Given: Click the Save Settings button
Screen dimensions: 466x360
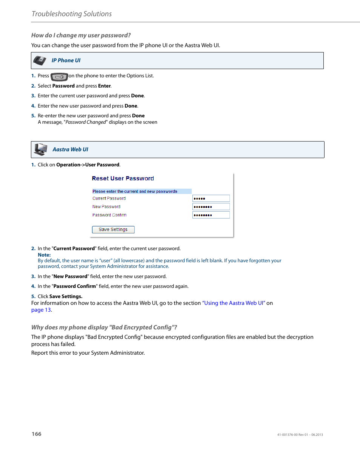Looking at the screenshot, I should [x=113, y=229].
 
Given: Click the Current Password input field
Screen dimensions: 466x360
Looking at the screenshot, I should [x=211, y=198].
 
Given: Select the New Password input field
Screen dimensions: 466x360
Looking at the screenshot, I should [x=211, y=207].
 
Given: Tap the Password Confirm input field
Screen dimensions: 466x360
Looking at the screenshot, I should [x=211, y=215].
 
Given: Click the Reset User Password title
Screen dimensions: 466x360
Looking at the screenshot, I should [x=123, y=178].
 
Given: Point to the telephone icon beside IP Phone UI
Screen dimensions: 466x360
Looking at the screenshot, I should [x=40, y=60].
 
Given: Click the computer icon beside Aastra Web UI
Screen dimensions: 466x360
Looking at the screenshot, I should [x=40, y=149].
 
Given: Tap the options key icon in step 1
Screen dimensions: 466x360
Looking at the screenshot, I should [x=59, y=77].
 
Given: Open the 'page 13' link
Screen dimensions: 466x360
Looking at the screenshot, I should [x=41, y=310].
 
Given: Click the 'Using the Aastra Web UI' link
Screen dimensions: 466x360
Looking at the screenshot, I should [x=234, y=303].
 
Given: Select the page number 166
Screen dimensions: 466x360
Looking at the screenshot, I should [x=37, y=434].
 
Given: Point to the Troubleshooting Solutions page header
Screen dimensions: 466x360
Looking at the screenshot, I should [x=72, y=14].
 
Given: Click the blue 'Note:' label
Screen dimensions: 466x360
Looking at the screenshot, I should [x=44, y=255].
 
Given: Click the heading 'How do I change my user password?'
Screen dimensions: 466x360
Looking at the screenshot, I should [x=81, y=35].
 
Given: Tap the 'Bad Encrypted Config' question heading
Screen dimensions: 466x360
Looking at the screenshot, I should [x=104, y=328].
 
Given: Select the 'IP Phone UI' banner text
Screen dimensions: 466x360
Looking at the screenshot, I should [x=66, y=60].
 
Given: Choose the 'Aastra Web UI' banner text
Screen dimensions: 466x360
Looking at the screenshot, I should [x=70, y=149].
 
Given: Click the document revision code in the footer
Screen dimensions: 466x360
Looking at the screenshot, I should [x=300, y=435].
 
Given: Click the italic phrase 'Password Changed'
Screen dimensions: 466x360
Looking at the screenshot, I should [x=86, y=122].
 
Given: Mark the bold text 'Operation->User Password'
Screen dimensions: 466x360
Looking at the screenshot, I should [x=88, y=165].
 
